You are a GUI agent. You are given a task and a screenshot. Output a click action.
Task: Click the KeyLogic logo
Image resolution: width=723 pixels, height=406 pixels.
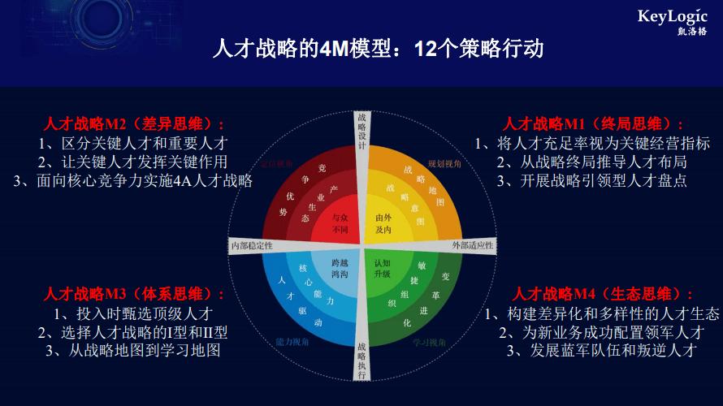[672, 22]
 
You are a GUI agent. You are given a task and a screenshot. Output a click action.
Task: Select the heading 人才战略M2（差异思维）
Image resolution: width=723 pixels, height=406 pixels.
[135, 125]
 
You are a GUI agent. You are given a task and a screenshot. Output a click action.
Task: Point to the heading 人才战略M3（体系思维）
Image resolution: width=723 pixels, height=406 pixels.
[135, 295]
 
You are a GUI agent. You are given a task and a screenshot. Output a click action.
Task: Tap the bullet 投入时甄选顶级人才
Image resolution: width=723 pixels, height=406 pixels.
[133, 313]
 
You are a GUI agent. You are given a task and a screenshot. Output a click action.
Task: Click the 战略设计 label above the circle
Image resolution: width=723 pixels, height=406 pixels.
[361, 131]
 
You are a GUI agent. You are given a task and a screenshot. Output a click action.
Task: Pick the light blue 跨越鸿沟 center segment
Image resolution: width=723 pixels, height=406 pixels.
[337, 269]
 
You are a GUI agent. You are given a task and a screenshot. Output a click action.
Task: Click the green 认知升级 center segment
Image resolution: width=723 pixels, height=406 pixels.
[385, 269]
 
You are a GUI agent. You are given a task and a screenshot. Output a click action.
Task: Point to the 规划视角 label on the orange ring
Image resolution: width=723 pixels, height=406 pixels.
[445, 163]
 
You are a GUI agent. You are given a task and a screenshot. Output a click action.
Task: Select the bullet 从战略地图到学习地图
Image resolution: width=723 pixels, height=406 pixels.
[133, 350]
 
